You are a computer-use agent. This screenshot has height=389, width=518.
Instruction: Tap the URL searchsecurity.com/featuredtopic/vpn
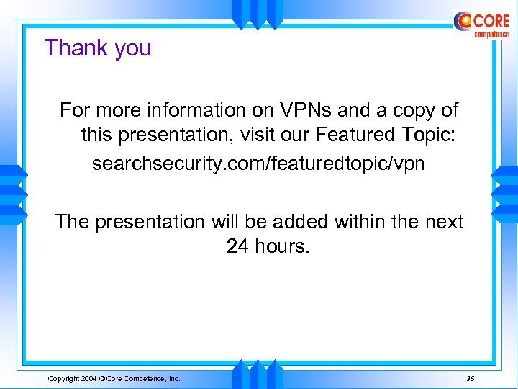[x=258, y=164]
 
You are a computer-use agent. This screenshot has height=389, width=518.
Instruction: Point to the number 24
[x=238, y=246]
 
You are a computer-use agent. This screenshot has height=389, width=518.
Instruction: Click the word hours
[x=283, y=246]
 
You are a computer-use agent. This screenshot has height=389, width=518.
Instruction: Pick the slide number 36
[x=471, y=378]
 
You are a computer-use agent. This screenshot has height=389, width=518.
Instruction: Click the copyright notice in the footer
[x=114, y=378]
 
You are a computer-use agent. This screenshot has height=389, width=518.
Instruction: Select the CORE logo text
[x=491, y=20]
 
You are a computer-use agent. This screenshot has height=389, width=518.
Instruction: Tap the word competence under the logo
[x=491, y=34]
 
